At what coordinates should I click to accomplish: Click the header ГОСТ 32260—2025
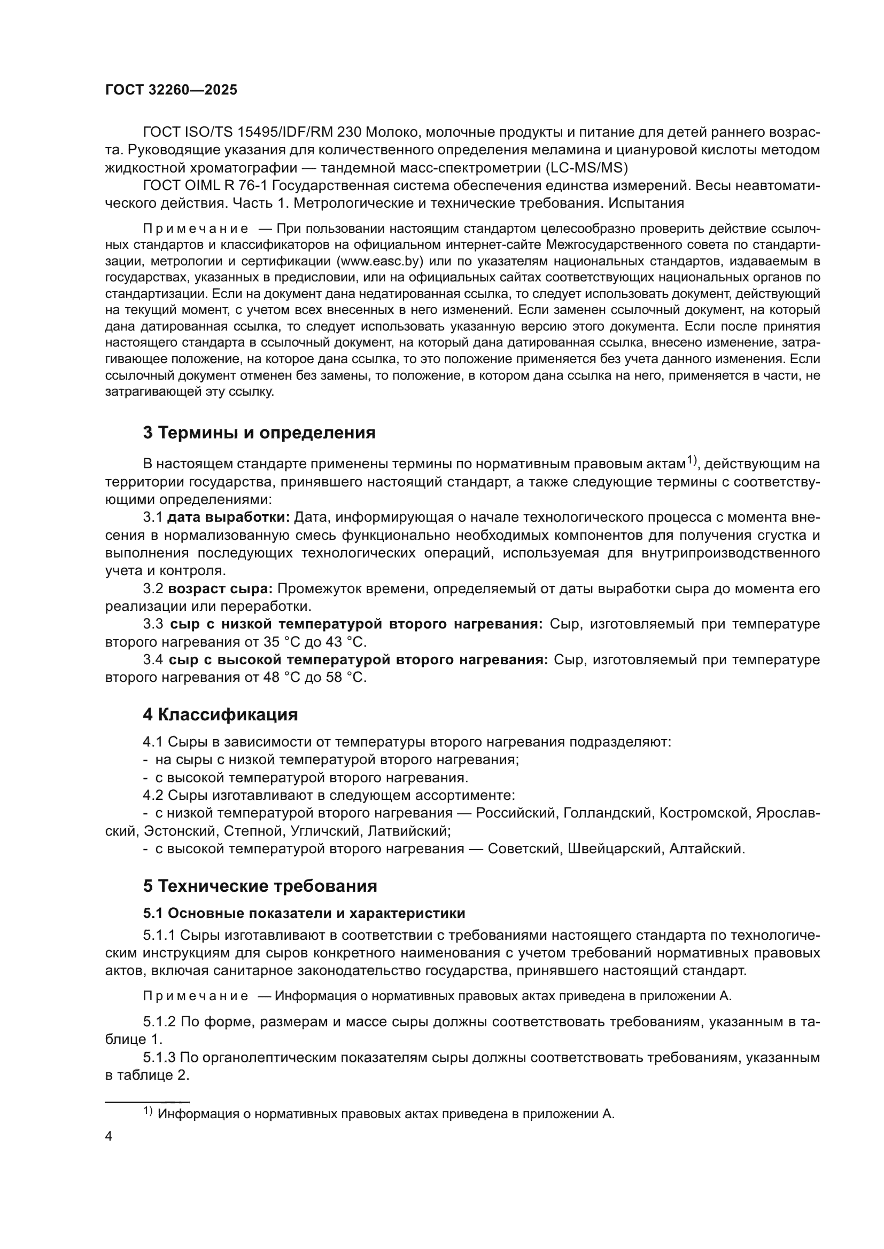point(171,90)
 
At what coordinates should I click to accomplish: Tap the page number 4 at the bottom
point(109,1136)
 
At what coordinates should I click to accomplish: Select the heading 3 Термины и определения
point(259,433)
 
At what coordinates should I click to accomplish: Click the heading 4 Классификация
point(220,714)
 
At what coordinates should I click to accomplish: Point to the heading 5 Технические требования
point(260,886)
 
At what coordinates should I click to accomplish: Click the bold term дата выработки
point(229,517)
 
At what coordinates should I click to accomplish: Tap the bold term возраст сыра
point(220,588)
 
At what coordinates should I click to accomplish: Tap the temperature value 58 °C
point(346,678)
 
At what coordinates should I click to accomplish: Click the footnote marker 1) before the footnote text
point(148,1111)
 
